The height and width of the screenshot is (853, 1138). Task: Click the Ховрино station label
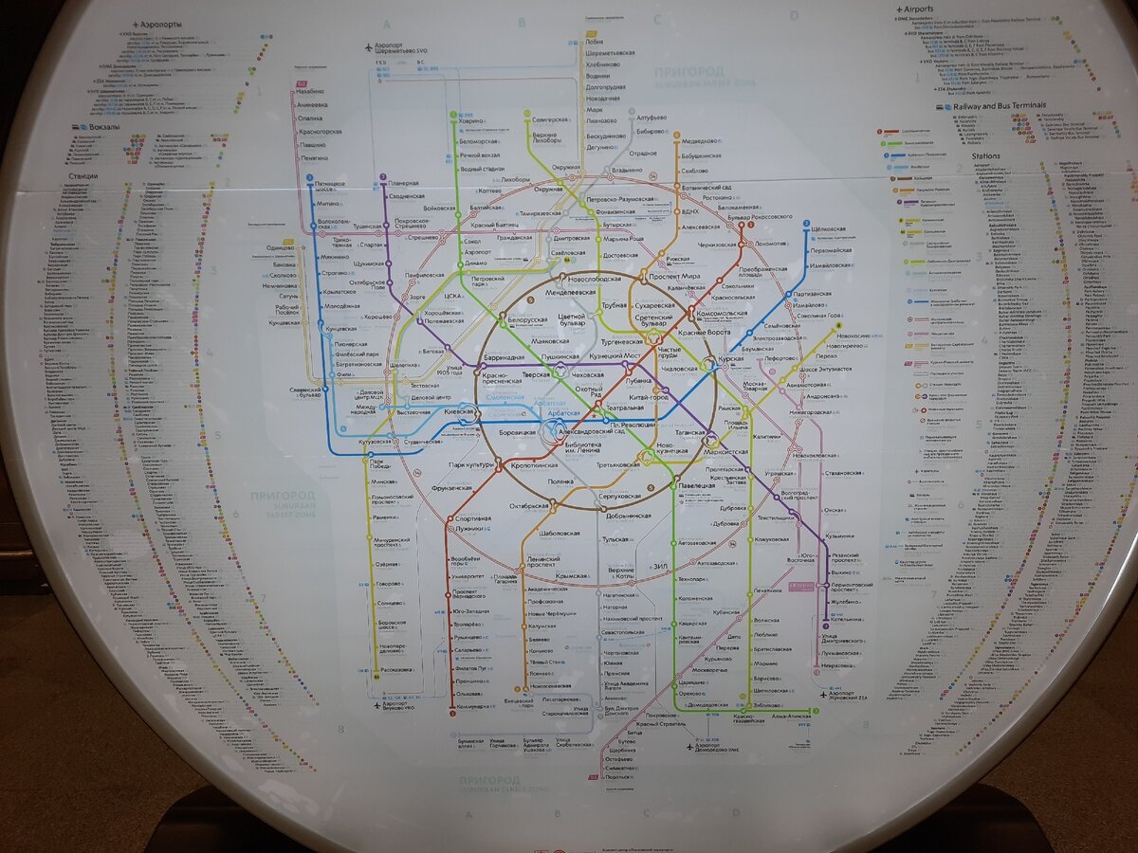click(x=472, y=121)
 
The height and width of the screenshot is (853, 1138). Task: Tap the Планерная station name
click(x=402, y=183)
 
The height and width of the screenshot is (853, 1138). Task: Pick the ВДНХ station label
click(x=689, y=210)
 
